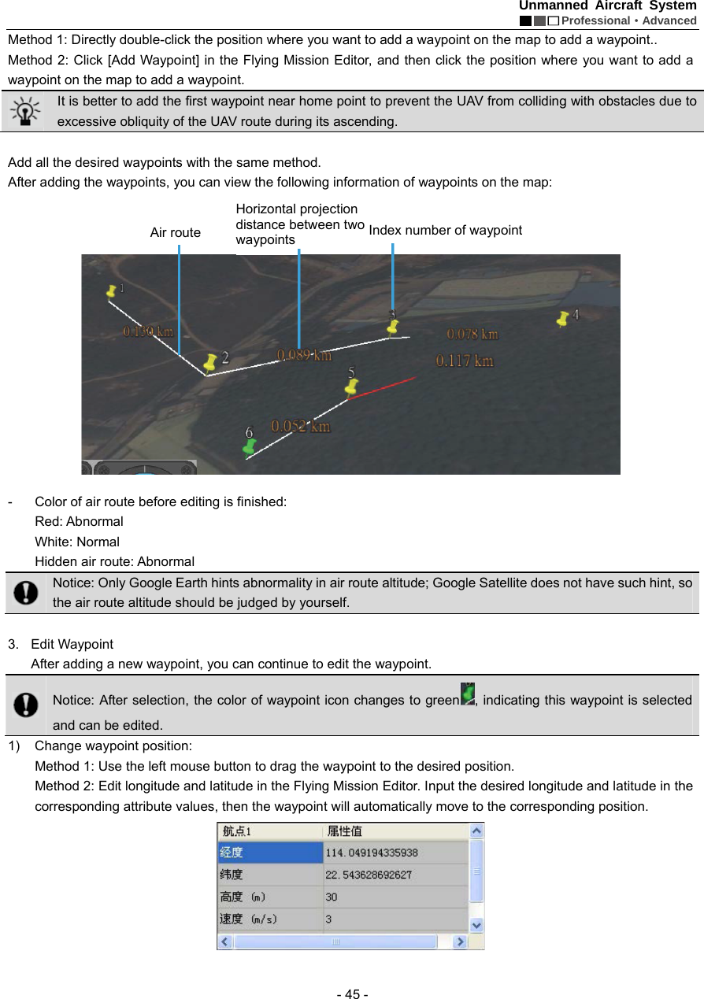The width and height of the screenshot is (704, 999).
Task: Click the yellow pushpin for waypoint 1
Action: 112,291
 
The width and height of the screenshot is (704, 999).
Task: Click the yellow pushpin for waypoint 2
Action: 210,361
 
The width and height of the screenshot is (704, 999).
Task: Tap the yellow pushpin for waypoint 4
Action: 563,318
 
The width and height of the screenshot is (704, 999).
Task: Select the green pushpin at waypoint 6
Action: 250,446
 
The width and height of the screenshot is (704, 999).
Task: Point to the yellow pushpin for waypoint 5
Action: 352,387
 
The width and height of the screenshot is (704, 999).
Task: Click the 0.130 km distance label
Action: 148,331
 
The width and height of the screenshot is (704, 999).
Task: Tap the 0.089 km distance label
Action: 304,355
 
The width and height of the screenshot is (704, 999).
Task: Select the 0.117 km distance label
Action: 465,361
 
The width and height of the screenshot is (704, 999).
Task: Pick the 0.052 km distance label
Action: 301,426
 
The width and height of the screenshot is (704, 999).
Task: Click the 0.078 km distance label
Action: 472,334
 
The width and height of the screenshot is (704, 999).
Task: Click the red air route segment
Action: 382,389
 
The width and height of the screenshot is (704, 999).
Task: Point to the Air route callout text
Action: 175,232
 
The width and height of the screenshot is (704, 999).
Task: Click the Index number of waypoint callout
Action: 445,230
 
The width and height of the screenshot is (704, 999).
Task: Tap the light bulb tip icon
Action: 26,111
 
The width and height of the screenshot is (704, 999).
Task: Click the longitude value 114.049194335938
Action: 372,853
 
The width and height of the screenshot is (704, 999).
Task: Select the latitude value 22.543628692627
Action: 369,875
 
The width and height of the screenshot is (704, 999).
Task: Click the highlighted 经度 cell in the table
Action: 270,853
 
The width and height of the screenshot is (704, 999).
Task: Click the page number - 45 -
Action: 352,993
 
